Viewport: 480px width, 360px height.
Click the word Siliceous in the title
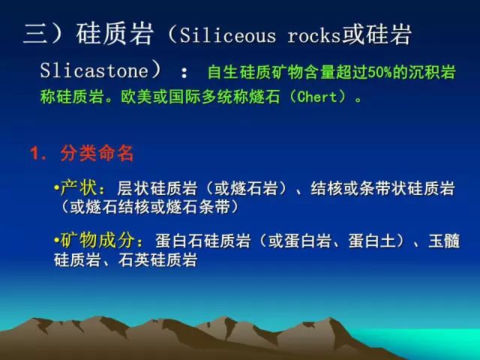[228, 36]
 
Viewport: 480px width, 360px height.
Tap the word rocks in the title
[314, 36]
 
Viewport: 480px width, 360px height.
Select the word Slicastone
[94, 70]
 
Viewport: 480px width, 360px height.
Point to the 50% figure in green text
[379, 73]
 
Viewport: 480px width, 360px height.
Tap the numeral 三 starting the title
[36, 34]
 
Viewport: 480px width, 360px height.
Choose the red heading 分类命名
[97, 153]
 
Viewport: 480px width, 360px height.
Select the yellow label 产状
[78, 187]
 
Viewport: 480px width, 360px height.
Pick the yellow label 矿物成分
[97, 240]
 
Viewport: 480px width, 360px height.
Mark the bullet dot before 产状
[57, 187]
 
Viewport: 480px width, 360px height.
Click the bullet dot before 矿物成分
[57, 240]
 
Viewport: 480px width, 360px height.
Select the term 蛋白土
[373, 241]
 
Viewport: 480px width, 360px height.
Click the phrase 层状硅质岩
[157, 188]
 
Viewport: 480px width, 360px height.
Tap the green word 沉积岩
[432, 73]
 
